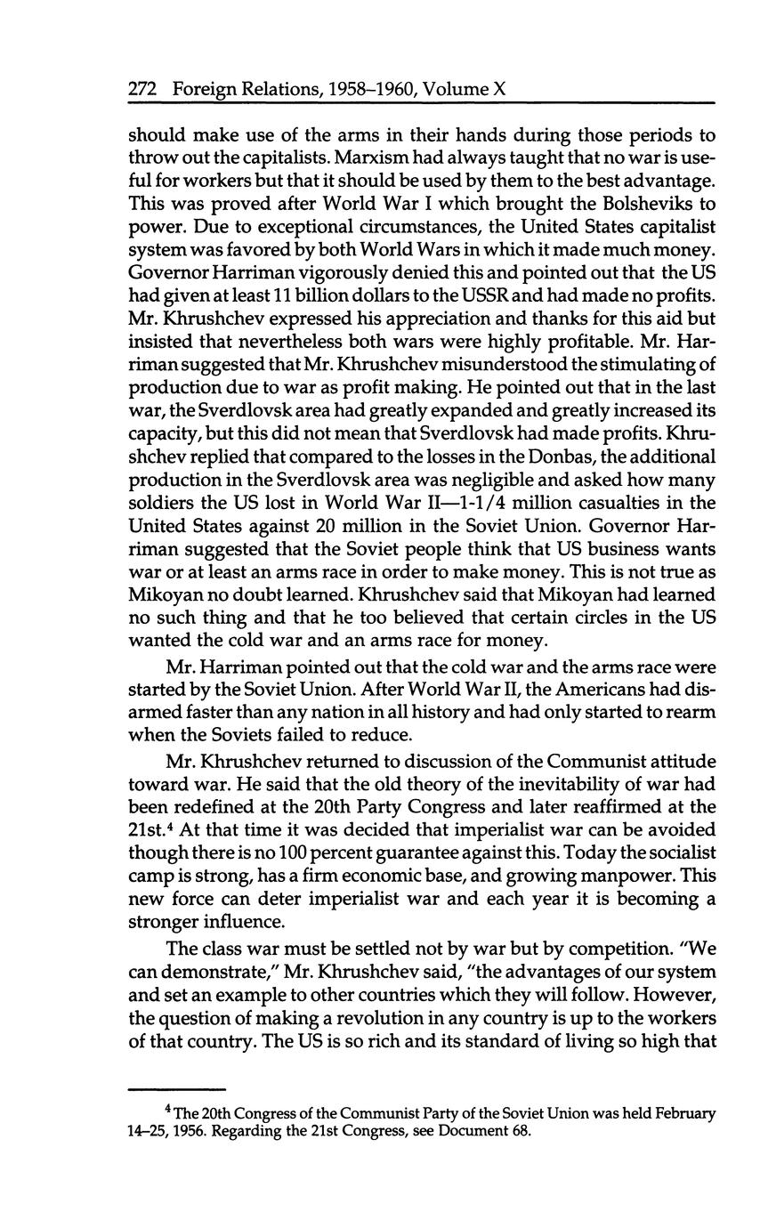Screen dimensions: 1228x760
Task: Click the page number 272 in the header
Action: pos(143,89)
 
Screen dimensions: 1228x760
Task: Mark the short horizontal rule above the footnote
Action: pos(177,1088)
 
